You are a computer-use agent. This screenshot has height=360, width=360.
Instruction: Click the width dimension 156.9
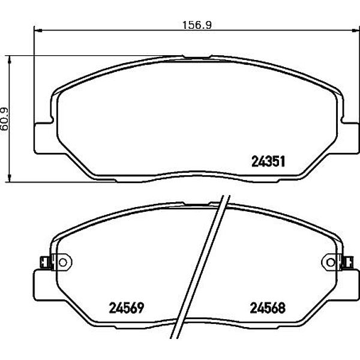[x=197, y=25]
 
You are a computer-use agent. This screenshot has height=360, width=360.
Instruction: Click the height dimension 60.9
[x=5, y=119]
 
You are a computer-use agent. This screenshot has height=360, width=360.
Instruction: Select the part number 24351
[x=268, y=161]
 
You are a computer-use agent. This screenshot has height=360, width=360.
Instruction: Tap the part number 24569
[x=127, y=308]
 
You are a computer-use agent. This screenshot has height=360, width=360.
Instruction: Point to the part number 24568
[x=268, y=308]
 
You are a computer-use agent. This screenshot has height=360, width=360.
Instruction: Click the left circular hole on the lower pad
[x=62, y=262]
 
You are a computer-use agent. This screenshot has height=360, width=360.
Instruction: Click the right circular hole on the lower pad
[x=331, y=262]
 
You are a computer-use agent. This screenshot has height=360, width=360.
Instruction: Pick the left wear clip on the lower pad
[x=46, y=262]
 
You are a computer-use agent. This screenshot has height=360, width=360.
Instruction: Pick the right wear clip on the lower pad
[x=347, y=262]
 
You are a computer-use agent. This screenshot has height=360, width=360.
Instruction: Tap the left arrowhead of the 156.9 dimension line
[x=37, y=30]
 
